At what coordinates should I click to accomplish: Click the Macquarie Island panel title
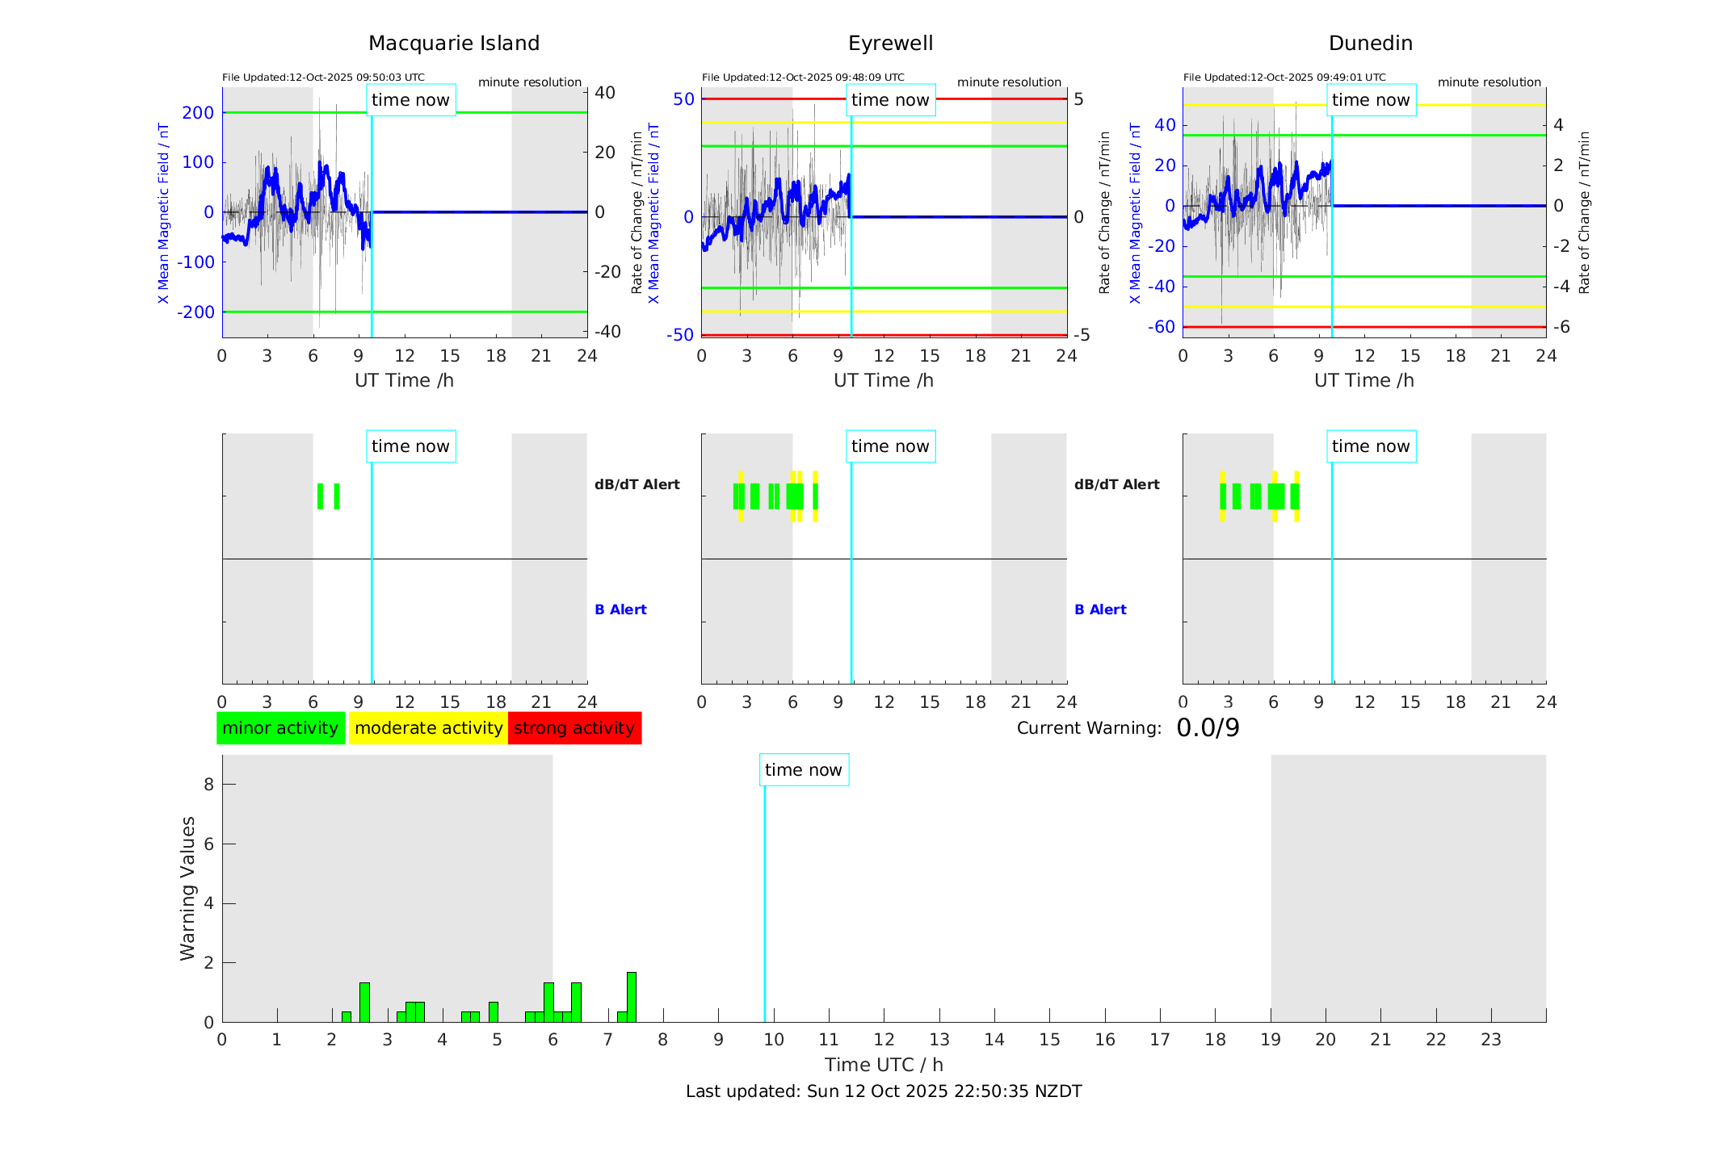pyautogui.click(x=453, y=44)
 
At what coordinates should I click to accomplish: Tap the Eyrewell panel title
pyautogui.click(x=890, y=44)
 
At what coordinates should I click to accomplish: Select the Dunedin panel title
pyautogui.click(x=1370, y=44)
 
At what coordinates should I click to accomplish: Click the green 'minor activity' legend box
pyautogui.click(x=280, y=728)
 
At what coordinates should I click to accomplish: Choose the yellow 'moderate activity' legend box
pyautogui.click(x=428, y=728)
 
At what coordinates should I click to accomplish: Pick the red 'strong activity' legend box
pyautogui.click(x=574, y=728)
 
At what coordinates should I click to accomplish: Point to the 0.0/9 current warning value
pyautogui.click(x=1208, y=728)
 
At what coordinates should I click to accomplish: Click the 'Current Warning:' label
pyautogui.click(x=1089, y=728)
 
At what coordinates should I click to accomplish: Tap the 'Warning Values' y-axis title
pyautogui.click(x=188, y=888)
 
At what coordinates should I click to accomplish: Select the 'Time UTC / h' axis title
pyautogui.click(x=884, y=1065)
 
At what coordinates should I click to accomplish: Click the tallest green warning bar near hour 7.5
pyautogui.click(x=632, y=997)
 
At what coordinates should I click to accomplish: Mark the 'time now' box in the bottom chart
pyautogui.click(x=804, y=770)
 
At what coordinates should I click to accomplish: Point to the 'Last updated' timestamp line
pyautogui.click(x=884, y=1091)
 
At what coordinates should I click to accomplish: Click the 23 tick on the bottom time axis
pyautogui.click(x=1490, y=1040)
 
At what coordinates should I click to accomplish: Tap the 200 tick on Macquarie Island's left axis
pyautogui.click(x=198, y=113)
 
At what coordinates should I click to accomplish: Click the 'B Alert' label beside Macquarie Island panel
pyautogui.click(x=620, y=609)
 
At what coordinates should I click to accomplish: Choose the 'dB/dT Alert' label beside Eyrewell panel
pyautogui.click(x=1116, y=484)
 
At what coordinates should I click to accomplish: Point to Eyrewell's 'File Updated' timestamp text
pyautogui.click(x=803, y=77)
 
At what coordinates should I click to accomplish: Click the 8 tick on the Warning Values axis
pyautogui.click(x=208, y=784)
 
